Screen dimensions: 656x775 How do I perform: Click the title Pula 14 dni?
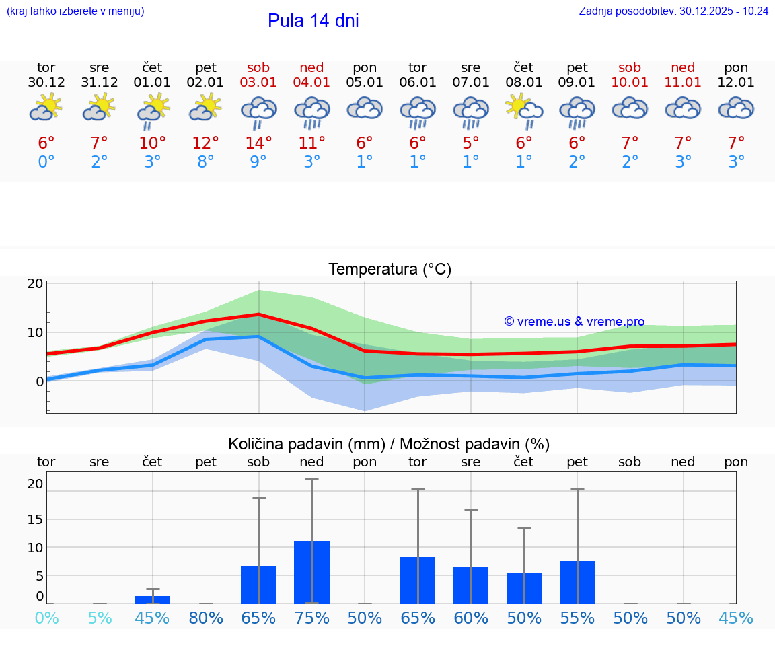(313, 21)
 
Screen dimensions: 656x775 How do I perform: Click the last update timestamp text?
(673, 11)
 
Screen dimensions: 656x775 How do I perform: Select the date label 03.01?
(258, 83)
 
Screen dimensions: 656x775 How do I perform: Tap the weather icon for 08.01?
(524, 110)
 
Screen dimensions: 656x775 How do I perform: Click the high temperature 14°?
(258, 143)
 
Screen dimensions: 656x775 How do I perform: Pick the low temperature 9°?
(258, 162)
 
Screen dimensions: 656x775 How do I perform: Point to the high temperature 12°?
(205, 143)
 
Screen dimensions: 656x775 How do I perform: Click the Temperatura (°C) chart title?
(390, 270)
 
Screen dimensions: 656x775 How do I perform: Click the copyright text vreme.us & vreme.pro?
(575, 322)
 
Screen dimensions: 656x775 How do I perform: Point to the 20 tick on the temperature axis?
(35, 283)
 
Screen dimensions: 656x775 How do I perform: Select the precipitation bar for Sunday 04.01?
(311, 572)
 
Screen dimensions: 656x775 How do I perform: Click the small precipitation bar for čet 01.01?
(153, 599)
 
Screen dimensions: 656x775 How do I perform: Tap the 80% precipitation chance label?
(205, 618)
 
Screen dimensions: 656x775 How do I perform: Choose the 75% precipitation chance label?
(311, 618)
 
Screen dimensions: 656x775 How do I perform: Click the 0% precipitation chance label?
(46, 618)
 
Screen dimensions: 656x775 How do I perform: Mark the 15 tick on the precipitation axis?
(35, 519)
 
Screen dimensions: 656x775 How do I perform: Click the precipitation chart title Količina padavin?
(389, 444)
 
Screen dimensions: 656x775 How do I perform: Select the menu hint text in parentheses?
(75, 11)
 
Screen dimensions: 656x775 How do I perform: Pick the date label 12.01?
(736, 83)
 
